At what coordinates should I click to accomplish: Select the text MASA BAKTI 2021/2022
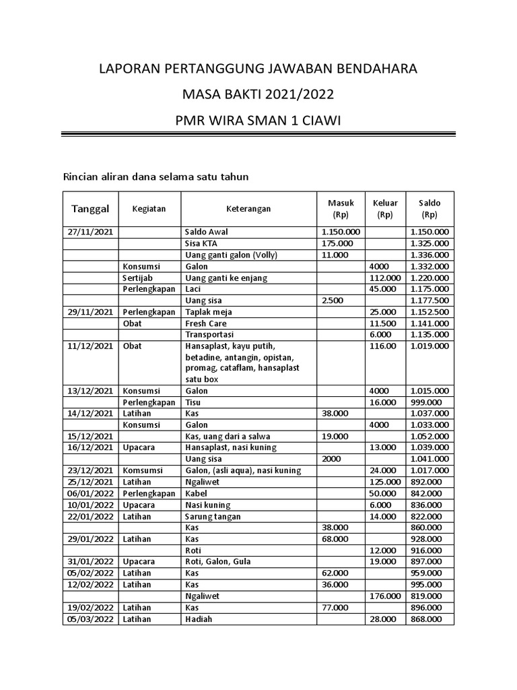(258, 94)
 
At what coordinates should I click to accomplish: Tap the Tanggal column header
(90, 209)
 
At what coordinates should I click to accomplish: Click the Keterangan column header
(248, 209)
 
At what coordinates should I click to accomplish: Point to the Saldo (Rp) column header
(429, 209)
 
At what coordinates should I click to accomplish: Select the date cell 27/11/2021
(90, 232)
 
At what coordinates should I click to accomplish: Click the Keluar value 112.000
(385, 278)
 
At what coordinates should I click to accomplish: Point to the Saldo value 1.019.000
(429, 346)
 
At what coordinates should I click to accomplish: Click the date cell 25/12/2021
(90, 482)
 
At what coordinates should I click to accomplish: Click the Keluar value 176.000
(385, 596)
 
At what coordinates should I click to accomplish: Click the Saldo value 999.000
(429, 402)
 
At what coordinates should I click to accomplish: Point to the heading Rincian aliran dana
(156, 177)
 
